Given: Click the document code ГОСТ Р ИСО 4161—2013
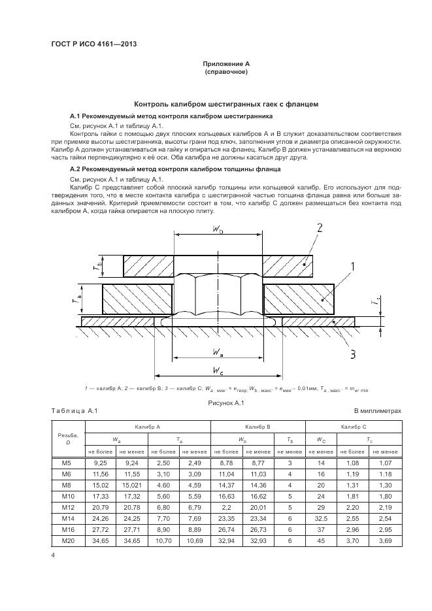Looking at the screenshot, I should coord(93,44).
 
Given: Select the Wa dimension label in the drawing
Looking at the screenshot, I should coord(219,352).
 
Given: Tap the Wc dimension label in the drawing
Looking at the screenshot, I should coord(219,371).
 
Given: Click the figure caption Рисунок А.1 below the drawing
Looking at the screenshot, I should coord(225,403).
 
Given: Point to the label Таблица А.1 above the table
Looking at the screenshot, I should coord(73,410).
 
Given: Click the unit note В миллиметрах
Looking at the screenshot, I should coord(377,410).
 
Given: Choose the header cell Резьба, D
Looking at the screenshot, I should coord(68,438).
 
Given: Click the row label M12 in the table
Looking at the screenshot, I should coord(68,508).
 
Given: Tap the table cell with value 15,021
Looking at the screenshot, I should coord(133,485).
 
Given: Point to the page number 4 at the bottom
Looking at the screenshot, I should coord(52,555).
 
